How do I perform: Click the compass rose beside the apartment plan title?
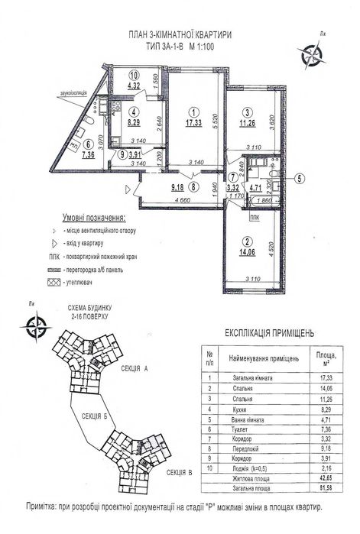[x=312, y=52]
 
